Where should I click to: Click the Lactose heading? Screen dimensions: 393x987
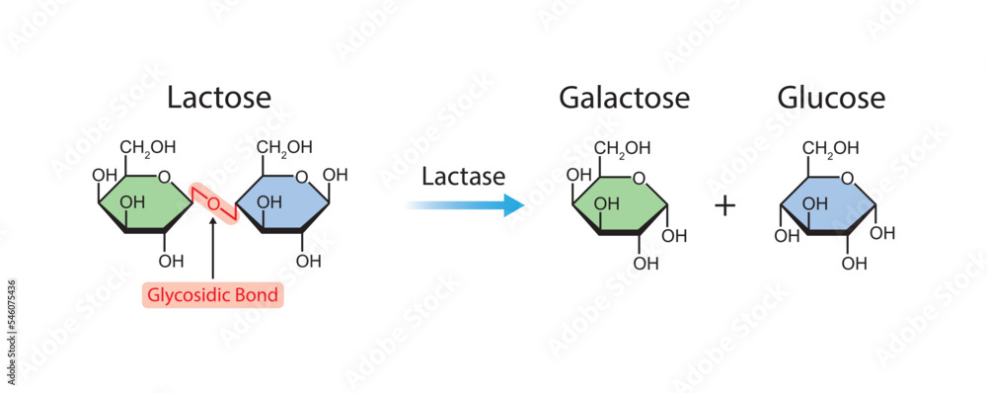click(x=218, y=98)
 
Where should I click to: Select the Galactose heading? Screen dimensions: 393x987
click(x=624, y=98)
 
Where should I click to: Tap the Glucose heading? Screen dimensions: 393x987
click(x=831, y=98)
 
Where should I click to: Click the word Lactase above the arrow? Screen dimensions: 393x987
click(x=463, y=177)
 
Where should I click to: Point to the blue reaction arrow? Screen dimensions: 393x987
click(x=465, y=205)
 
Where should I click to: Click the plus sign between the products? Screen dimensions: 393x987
click(x=725, y=205)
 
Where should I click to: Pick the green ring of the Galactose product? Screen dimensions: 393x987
click(x=620, y=204)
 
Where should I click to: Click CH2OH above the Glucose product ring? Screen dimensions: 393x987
click(x=830, y=148)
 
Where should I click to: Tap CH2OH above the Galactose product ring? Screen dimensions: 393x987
click(x=623, y=148)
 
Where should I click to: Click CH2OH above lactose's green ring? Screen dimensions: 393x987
click(x=148, y=147)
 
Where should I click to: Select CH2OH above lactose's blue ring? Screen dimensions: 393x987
click(x=285, y=147)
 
